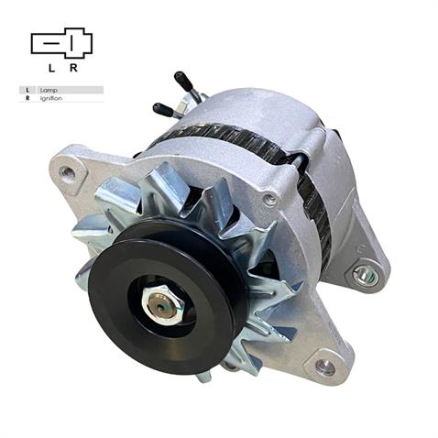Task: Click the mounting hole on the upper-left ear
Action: [67, 171]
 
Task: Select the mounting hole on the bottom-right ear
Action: [324, 367]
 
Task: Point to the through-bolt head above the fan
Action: [268, 199]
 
